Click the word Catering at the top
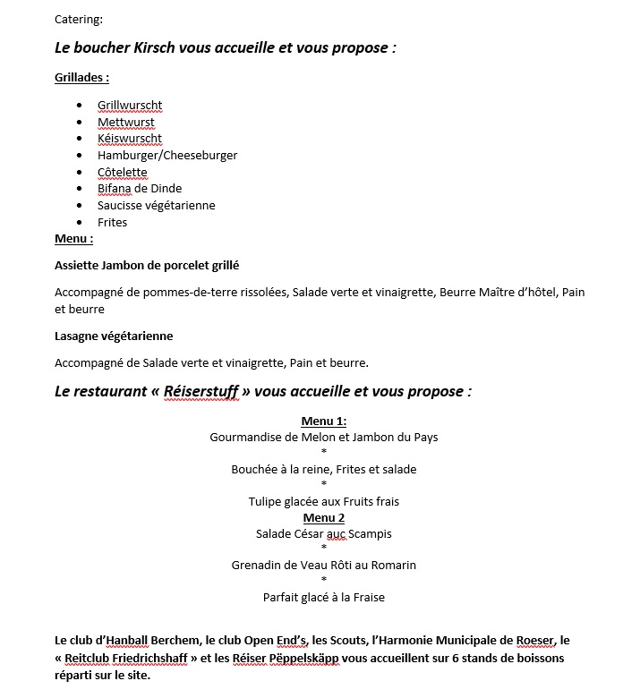click(x=79, y=19)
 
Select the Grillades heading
click(x=81, y=78)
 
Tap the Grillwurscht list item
click(x=130, y=106)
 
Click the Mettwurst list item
click(x=126, y=123)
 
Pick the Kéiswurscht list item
click(x=130, y=139)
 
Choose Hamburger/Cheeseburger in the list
click(x=167, y=156)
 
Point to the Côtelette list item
click(x=123, y=173)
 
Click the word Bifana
click(x=115, y=189)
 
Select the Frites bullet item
click(x=113, y=223)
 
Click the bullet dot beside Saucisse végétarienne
click(x=81, y=206)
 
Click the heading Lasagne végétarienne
click(x=114, y=336)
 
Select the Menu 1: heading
click(x=324, y=421)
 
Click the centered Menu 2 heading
click(x=324, y=518)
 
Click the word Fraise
click(x=367, y=598)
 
